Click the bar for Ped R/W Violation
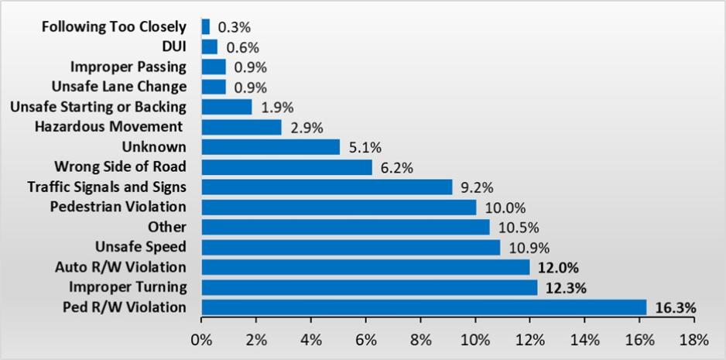423,307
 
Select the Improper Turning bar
369,287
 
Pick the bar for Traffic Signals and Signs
327,187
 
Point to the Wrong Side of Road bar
286,166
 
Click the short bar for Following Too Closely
205,26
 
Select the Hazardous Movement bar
241,126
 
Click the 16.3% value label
676,308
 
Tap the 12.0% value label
558,267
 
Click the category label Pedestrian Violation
118,207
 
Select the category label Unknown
154,146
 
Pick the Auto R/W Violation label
121,267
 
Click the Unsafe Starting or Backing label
98,106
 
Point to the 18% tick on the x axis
693,339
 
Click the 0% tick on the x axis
201,339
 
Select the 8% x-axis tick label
420,339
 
